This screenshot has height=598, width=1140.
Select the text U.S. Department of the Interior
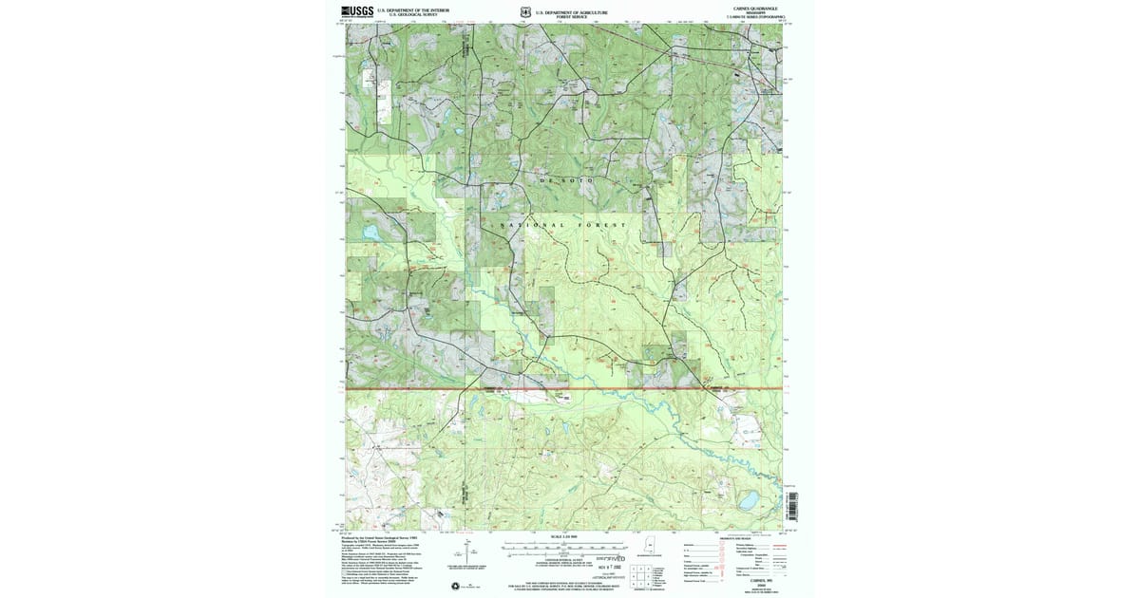tap(406, 10)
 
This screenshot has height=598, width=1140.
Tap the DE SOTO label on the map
tap(569, 178)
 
